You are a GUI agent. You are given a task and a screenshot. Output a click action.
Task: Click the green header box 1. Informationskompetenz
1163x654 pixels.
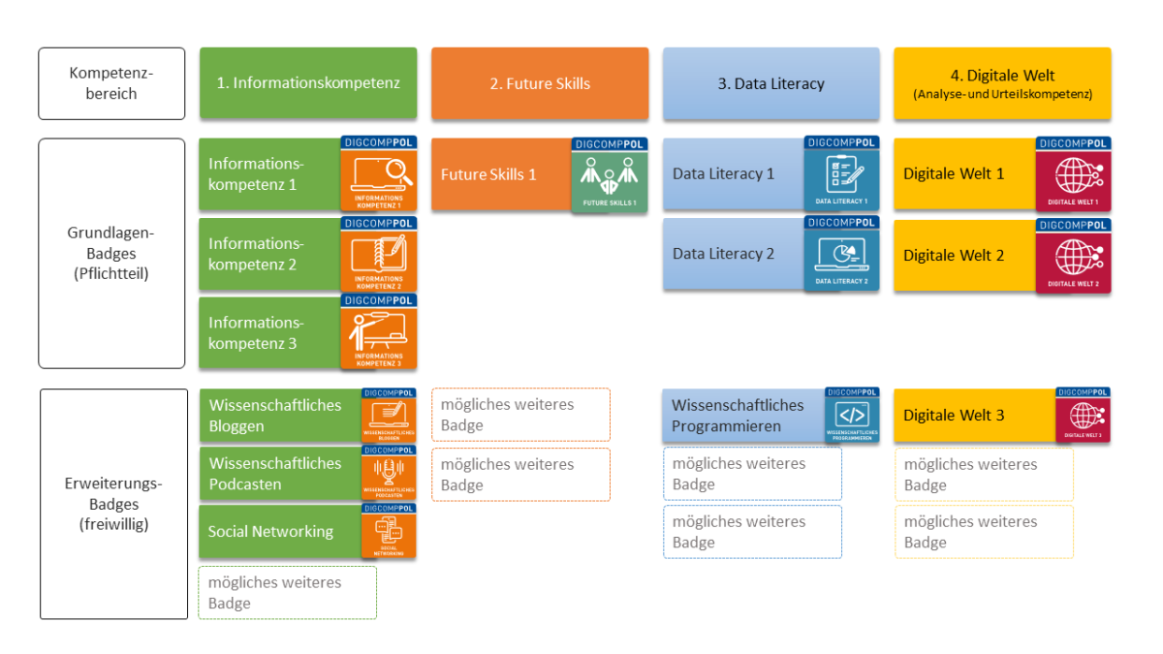click(x=308, y=83)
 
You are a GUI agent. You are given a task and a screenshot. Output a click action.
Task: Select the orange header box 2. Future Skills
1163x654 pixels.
click(x=540, y=83)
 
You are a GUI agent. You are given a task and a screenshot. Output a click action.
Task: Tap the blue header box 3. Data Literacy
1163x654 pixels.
click(x=770, y=83)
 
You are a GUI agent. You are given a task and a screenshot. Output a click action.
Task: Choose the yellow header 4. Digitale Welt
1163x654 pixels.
click(x=1002, y=83)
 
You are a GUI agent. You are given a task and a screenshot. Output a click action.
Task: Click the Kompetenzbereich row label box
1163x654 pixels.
click(x=111, y=83)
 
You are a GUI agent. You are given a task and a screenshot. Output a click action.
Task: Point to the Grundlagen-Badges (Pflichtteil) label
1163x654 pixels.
click(x=111, y=253)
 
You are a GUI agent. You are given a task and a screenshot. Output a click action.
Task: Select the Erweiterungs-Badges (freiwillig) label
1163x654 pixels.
click(x=113, y=504)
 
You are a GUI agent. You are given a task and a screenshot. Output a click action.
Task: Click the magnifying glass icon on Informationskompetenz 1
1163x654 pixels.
click(x=379, y=174)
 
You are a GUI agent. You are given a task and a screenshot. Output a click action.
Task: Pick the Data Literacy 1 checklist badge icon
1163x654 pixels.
click(x=840, y=174)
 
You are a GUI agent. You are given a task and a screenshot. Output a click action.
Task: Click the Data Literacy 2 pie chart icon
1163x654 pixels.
click(x=840, y=255)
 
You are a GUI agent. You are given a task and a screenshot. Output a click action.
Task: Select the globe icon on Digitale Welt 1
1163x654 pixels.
click(x=1073, y=175)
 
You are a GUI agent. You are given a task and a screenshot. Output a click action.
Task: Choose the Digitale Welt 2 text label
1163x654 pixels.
click(x=954, y=256)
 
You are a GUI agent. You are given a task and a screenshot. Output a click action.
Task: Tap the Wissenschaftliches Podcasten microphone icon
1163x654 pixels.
click(x=389, y=472)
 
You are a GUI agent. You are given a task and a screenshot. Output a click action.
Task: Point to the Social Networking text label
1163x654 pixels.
click(x=270, y=531)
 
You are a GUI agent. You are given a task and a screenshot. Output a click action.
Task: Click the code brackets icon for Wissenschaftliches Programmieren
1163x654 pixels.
click(x=852, y=415)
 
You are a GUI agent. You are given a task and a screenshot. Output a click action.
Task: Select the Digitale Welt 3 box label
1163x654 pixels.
click(x=954, y=415)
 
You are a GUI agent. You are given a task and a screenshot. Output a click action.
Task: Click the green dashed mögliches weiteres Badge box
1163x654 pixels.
click(x=287, y=592)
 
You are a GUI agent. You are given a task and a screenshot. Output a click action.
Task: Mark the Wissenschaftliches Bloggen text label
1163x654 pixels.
click(x=275, y=415)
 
